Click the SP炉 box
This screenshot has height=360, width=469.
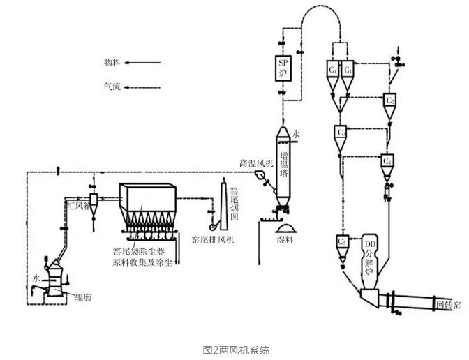(x=283, y=66)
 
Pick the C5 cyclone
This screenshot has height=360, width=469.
(x=341, y=241)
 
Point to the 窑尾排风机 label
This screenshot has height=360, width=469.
(x=213, y=239)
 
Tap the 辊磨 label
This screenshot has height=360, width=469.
(x=82, y=297)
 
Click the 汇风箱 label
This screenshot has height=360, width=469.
(x=75, y=207)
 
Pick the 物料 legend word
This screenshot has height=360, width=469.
(x=111, y=62)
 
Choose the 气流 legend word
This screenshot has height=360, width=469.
(x=111, y=87)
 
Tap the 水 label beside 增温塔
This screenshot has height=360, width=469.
(x=297, y=133)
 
